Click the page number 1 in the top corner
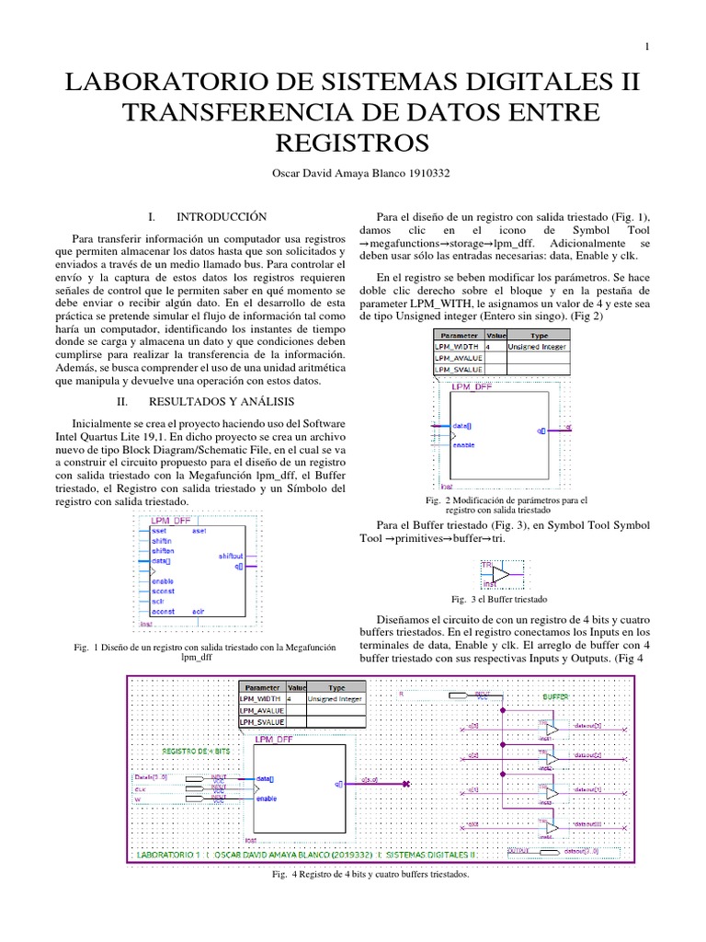tap(647, 47)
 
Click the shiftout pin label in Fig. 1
tap(230, 556)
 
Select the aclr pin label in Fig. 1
tap(199, 610)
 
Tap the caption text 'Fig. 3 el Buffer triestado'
tap(493, 598)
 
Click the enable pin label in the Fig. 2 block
tap(464, 444)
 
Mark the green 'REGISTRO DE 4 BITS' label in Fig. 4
tap(196, 752)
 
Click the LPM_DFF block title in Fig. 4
tap(272, 740)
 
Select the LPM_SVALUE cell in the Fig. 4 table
tap(261, 723)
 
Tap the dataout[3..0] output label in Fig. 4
tap(578, 852)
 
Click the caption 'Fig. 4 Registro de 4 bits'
tap(370, 875)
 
